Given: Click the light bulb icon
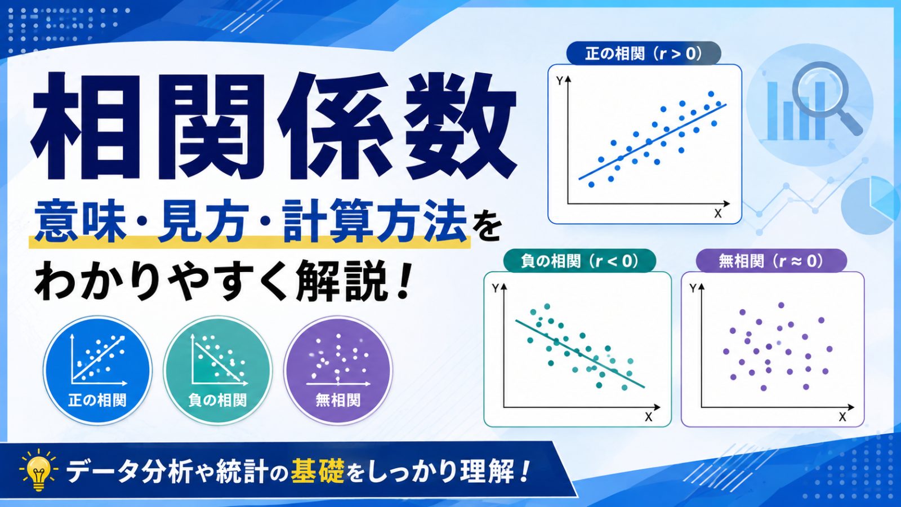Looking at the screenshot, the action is click(x=39, y=469).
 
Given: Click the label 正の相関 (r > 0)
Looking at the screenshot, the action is click(x=643, y=53).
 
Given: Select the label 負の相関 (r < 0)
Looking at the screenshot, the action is click(x=579, y=261).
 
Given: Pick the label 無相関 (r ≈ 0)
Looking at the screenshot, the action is click(x=771, y=261).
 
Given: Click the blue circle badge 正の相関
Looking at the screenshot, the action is click(x=97, y=370).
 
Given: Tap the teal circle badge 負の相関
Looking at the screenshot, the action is click(x=217, y=370).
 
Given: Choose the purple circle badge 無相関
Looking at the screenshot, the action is click(x=338, y=370).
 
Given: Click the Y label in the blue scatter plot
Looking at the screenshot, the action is click(x=560, y=81).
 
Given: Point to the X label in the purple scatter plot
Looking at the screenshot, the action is click(x=842, y=417).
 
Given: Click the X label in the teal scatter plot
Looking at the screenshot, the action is click(x=648, y=417).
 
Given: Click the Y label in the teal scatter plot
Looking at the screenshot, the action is click(x=495, y=288).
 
